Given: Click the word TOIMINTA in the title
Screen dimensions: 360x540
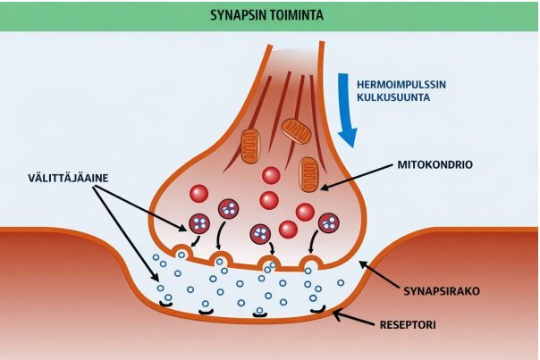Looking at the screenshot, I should click(298, 15).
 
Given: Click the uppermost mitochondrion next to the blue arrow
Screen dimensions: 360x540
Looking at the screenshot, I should click(296, 130).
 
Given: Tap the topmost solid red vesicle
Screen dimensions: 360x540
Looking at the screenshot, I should click(271, 176).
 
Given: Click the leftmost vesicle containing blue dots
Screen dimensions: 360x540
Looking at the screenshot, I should click(198, 224).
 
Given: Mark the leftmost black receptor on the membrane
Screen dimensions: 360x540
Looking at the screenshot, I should click(165, 305).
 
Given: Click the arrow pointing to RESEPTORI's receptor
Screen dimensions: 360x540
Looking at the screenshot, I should click(353, 316).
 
